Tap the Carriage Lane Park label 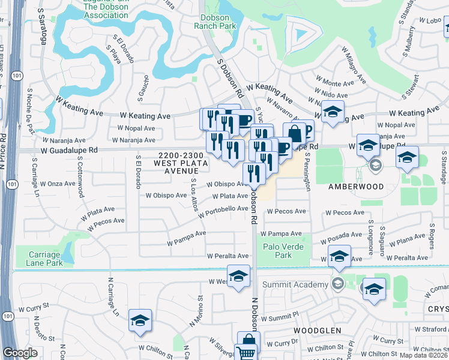click(45, 259)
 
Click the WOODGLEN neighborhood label click(318, 331)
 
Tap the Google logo click(20, 353)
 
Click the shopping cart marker click(246, 353)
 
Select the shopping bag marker click(294, 134)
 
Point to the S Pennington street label click(308, 170)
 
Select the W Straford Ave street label click(432, 329)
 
